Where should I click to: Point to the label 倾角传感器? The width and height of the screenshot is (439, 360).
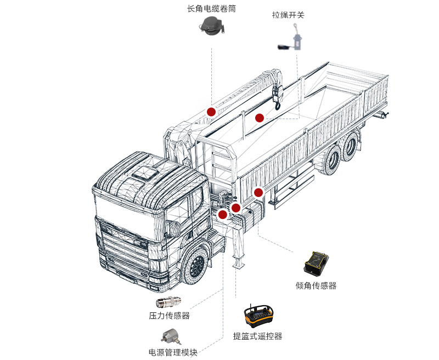[316, 285]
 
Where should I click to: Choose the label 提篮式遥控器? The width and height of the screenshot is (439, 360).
[257, 336]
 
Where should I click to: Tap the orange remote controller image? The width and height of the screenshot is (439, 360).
[257, 317]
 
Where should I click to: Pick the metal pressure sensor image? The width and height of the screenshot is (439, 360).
[170, 302]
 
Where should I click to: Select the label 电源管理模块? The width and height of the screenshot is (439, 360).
[172, 352]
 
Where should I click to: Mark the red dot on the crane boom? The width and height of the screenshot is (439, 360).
[211, 111]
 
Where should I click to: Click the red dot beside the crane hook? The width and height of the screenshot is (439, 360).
[260, 117]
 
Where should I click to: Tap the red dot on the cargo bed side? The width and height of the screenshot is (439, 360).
[258, 192]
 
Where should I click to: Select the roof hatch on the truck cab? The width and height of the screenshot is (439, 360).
[142, 174]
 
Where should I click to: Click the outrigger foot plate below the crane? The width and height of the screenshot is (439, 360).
[238, 265]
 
